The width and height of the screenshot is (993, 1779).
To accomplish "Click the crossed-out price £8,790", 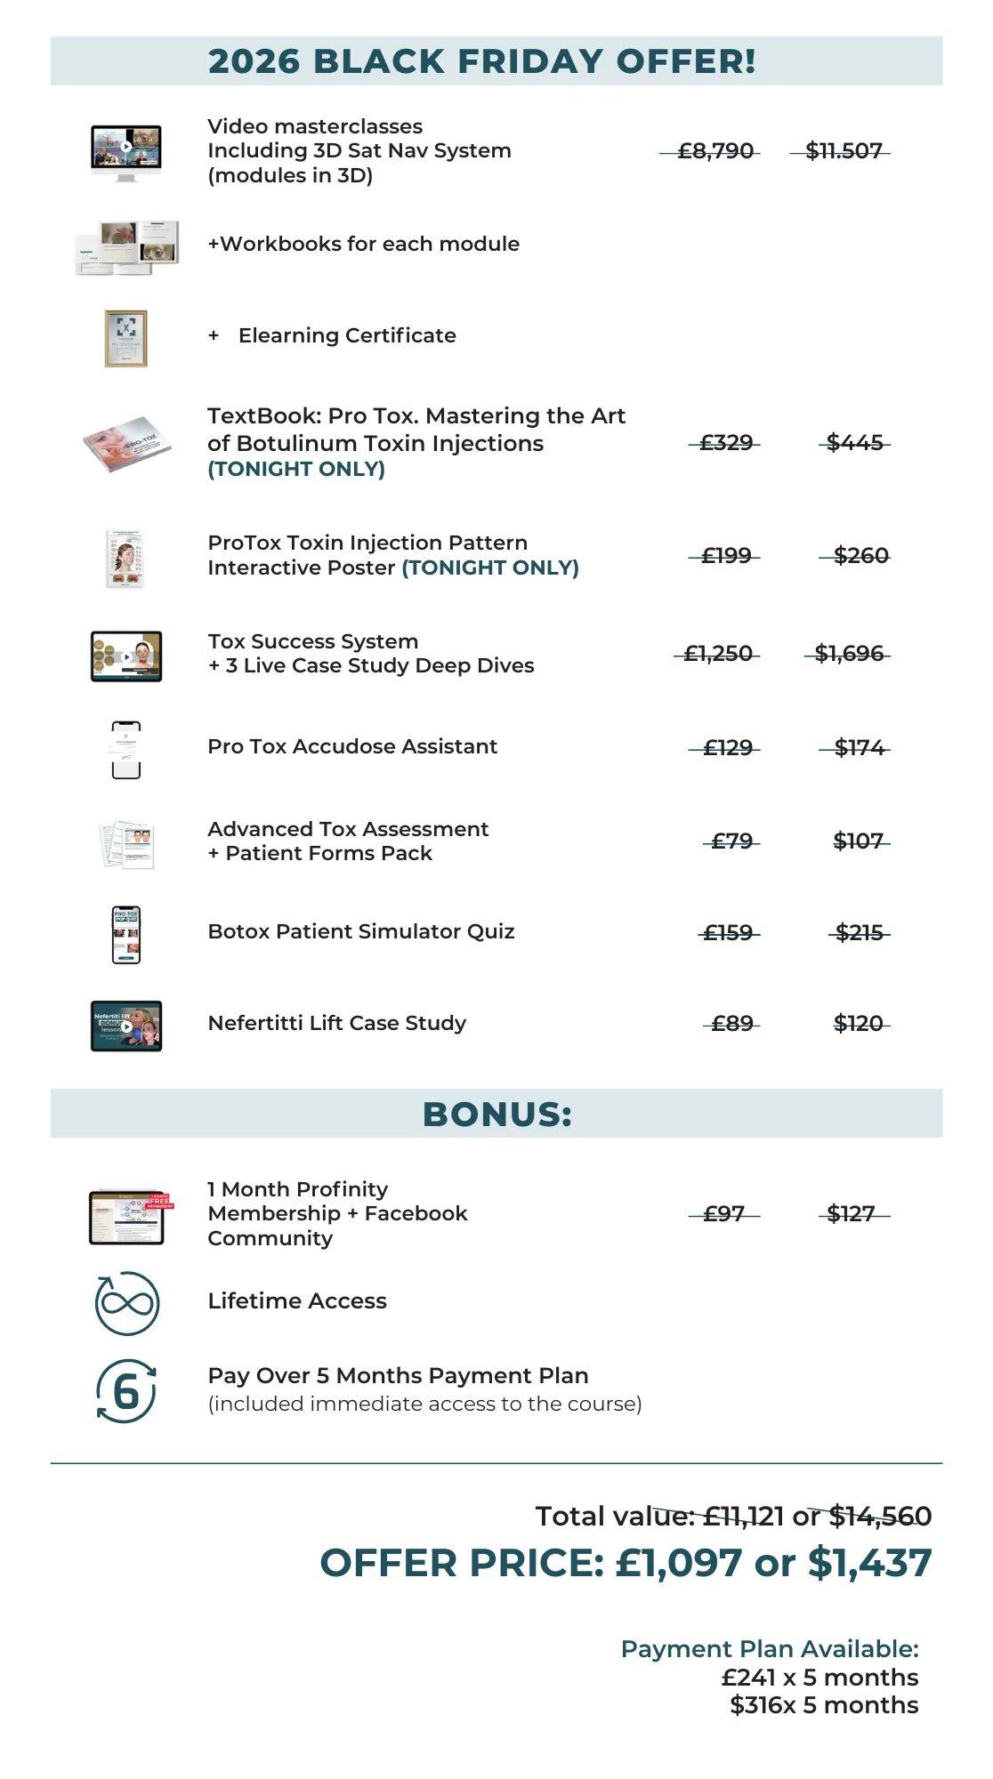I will click(x=714, y=151).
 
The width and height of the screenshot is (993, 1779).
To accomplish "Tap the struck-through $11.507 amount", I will click(x=843, y=151).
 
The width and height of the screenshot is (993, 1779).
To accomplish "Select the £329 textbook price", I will click(x=726, y=443).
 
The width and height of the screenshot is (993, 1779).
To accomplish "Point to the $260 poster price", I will click(x=860, y=556).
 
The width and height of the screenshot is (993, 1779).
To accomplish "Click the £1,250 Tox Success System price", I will click(x=717, y=654).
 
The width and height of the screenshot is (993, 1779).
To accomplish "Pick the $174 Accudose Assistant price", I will click(x=859, y=748).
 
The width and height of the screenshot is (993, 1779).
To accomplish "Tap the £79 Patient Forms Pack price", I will click(x=731, y=841).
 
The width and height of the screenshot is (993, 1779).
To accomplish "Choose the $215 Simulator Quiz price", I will click(x=859, y=933).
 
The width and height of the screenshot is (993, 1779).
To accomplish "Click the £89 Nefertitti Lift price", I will click(x=731, y=1024).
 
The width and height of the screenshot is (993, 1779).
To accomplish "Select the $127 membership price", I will click(x=851, y=1214).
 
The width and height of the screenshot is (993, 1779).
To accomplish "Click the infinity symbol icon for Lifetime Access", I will click(x=127, y=1303).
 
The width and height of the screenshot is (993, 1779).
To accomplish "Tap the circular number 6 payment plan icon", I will click(x=126, y=1391).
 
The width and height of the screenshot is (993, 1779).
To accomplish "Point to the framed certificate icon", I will click(x=125, y=338).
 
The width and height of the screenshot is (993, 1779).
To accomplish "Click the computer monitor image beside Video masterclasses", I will click(x=126, y=151).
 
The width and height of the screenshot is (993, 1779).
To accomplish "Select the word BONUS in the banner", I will click(x=496, y=1114).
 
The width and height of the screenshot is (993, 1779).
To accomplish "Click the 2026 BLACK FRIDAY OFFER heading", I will click(x=481, y=61).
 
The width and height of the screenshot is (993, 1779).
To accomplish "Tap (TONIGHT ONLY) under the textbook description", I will click(x=296, y=469).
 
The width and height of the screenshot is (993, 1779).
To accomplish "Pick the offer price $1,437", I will click(x=869, y=1563).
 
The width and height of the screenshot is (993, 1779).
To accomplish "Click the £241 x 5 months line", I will click(x=819, y=1678).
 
